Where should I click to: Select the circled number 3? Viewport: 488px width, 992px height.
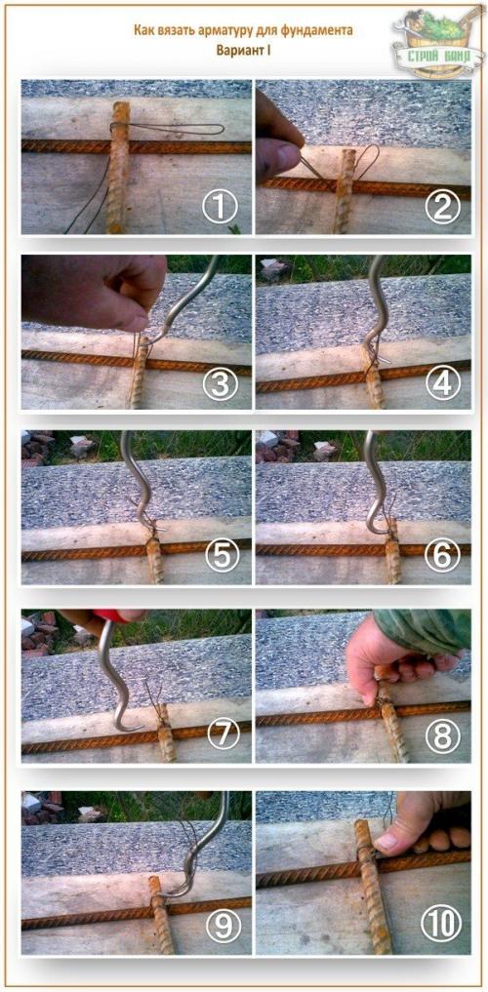[x=220, y=383]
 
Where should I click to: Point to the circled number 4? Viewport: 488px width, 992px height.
[x=441, y=383]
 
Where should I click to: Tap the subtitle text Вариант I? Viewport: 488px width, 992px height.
[x=244, y=50]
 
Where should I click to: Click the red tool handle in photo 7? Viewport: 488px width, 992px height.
[x=119, y=615]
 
